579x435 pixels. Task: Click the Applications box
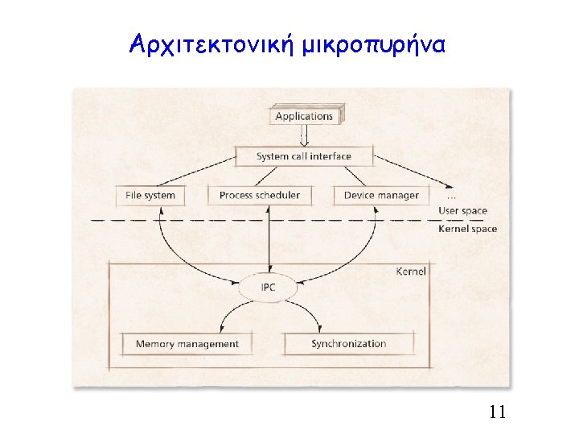304,116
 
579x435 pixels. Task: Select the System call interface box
303,155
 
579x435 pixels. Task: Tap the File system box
150,195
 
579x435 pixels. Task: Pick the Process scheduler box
259,195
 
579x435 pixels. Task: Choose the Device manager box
381,195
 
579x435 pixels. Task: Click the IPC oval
269,287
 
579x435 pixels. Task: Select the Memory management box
187,344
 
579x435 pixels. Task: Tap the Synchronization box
349,344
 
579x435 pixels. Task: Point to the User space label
462,211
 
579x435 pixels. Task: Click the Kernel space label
467,229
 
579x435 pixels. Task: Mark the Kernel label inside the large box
411,271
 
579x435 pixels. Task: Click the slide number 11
497,413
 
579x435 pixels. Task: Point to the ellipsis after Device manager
452,196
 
